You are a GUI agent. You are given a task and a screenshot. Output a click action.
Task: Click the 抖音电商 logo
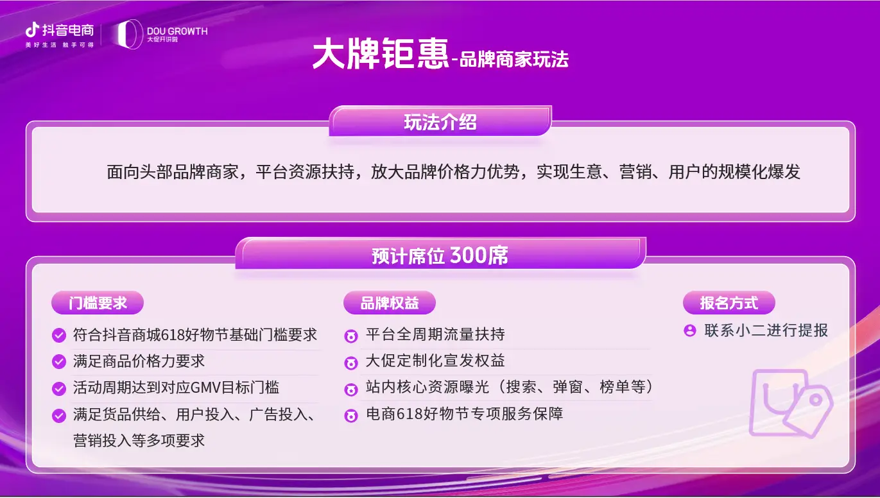point(60,31)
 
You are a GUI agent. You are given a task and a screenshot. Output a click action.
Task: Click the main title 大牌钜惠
point(380,56)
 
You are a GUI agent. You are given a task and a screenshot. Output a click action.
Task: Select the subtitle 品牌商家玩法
point(513,60)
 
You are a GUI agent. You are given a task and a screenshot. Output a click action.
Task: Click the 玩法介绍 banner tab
point(440,122)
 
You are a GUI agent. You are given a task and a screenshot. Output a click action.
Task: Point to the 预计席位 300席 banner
point(440,255)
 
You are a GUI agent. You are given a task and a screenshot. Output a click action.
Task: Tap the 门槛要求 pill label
point(98,303)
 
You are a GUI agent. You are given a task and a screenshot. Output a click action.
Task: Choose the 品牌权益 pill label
point(390,303)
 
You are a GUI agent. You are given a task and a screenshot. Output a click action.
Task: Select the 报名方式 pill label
point(729,303)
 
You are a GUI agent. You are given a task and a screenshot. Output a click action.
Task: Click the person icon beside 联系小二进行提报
point(690,331)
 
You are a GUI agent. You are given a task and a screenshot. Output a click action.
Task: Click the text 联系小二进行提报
point(766,331)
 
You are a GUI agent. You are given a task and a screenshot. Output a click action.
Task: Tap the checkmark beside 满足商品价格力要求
point(59,362)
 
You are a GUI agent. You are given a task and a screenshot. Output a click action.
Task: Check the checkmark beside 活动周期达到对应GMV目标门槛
point(59,388)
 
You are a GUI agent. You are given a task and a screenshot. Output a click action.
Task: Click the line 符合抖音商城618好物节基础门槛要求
point(195,335)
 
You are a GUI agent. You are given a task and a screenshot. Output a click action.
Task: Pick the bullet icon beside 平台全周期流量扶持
point(350,336)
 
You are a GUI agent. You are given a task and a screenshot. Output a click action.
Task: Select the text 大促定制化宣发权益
point(435,361)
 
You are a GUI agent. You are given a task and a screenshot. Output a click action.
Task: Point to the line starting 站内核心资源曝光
point(509,387)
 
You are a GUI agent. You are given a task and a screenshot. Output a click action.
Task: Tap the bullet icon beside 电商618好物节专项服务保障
point(350,415)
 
